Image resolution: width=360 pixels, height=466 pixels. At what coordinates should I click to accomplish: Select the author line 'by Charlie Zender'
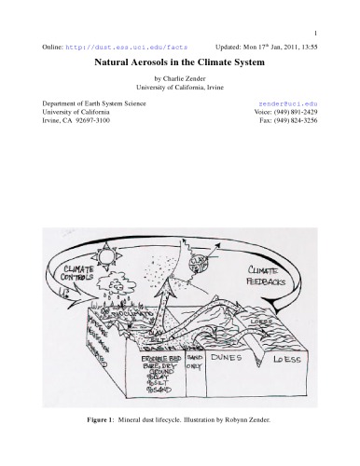pyautogui.click(x=180, y=79)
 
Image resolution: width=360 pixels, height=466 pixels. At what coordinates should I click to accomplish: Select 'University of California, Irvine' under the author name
pyautogui.click(x=180, y=89)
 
